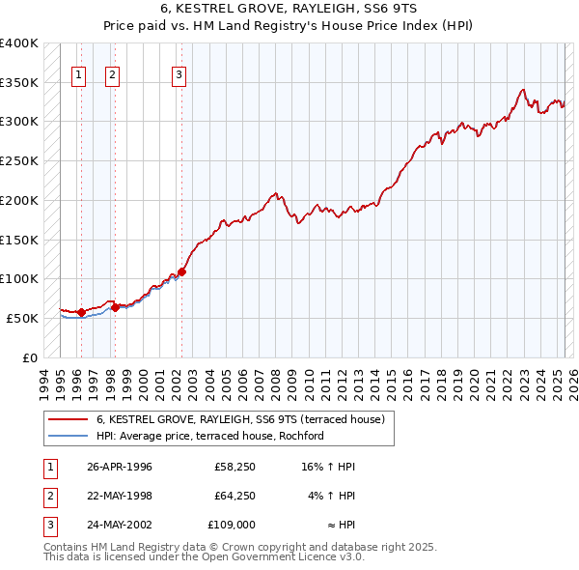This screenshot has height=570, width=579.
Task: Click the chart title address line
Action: coord(289,9)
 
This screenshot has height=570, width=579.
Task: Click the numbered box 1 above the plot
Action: coord(78,74)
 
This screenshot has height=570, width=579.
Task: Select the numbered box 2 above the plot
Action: coord(112,74)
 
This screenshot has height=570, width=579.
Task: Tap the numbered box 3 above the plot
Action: coord(179,74)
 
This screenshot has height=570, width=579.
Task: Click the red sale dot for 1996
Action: coord(81,311)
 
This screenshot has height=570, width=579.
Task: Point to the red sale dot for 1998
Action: coord(115,307)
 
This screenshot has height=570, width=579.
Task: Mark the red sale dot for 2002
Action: coord(181,271)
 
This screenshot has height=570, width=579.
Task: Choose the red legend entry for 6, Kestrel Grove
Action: coord(240,419)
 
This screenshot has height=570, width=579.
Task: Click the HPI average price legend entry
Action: coord(209,436)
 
